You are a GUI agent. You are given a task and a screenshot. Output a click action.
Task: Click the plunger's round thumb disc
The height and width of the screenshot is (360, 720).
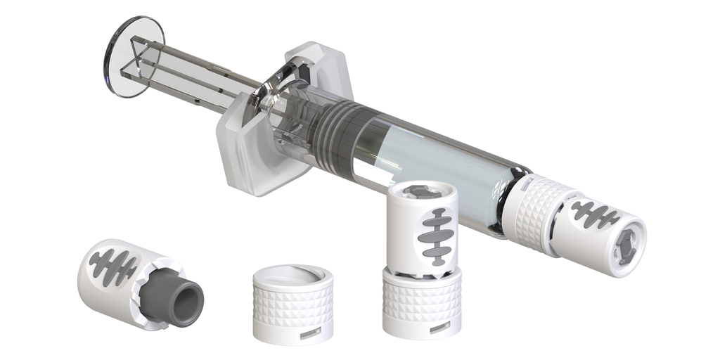pos(134,56)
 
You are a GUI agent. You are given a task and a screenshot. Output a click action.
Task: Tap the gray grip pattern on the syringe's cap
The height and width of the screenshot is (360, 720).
pos(594,214)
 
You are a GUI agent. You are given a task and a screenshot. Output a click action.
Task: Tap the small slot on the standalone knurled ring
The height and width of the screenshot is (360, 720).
pos(309,335)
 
